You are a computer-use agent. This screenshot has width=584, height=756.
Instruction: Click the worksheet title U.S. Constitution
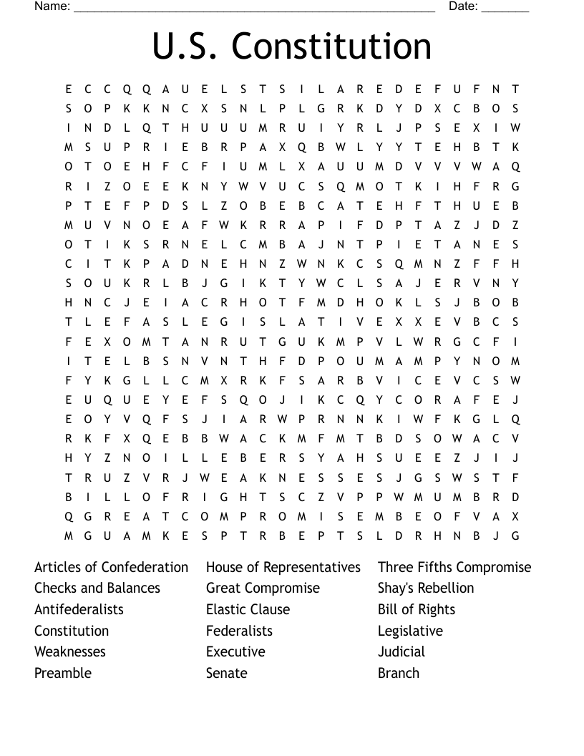(291, 47)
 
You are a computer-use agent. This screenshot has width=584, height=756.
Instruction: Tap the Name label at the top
(52, 6)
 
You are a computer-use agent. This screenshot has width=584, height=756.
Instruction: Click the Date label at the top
(463, 6)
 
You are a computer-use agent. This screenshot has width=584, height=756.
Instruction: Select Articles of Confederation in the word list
(111, 567)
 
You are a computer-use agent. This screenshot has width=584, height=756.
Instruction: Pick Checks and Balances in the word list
(97, 588)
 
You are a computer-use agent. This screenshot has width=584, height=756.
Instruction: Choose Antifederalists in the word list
(79, 610)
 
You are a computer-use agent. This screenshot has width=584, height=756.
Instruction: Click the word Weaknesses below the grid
(70, 652)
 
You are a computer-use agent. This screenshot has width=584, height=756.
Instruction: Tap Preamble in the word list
(63, 674)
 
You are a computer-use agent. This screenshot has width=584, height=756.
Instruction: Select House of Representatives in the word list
(283, 567)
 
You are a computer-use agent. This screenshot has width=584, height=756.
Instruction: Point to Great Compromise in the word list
(263, 588)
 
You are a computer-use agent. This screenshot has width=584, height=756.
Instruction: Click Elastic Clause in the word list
(248, 610)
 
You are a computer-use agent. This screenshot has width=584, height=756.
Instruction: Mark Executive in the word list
(235, 652)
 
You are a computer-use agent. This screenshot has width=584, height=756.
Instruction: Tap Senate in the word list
(226, 674)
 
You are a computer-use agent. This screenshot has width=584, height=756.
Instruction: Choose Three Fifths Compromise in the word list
(454, 567)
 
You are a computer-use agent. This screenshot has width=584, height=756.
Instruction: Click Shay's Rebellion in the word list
(426, 588)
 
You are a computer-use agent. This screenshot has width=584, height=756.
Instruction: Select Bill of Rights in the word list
(417, 610)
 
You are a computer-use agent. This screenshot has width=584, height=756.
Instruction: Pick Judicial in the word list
(401, 652)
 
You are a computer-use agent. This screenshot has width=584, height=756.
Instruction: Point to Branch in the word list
(399, 674)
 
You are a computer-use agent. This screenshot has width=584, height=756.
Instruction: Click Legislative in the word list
(410, 631)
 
